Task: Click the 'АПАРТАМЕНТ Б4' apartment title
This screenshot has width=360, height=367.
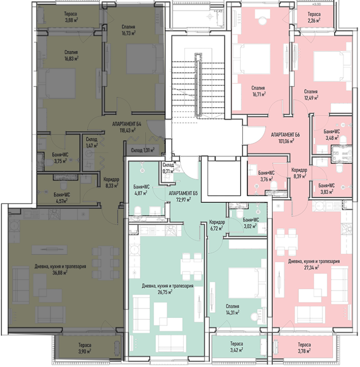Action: tap(127, 124)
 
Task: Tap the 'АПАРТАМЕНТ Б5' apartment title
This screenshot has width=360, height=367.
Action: tap(183, 193)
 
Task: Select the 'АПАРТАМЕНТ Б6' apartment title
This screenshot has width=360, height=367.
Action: tap(285, 134)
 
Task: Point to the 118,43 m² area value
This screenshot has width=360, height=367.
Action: tap(128, 130)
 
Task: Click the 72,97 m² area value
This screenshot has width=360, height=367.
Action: tap(183, 200)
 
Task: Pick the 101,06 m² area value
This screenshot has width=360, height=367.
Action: tap(286, 141)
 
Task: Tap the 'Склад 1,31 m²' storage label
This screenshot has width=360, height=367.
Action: tap(143, 150)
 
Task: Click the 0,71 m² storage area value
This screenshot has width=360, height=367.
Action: tap(169, 171)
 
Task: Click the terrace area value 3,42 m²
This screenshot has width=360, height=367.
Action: tap(237, 350)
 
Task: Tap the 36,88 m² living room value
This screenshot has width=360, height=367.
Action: tap(60, 273)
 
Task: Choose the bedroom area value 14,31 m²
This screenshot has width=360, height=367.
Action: tap(232, 312)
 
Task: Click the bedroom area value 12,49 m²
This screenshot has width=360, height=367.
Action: tap(311, 98)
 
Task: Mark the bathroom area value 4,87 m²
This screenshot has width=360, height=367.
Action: tap(140, 193)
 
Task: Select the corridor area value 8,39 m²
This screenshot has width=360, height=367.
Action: tap(300, 176)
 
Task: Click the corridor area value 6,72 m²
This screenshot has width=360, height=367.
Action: tap(216, 228)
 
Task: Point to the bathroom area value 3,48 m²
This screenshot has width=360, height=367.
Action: tap(332, 138)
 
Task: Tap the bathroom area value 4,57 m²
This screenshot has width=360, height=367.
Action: tap(61, 201)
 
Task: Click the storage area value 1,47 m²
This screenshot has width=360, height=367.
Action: tap(91, 146)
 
